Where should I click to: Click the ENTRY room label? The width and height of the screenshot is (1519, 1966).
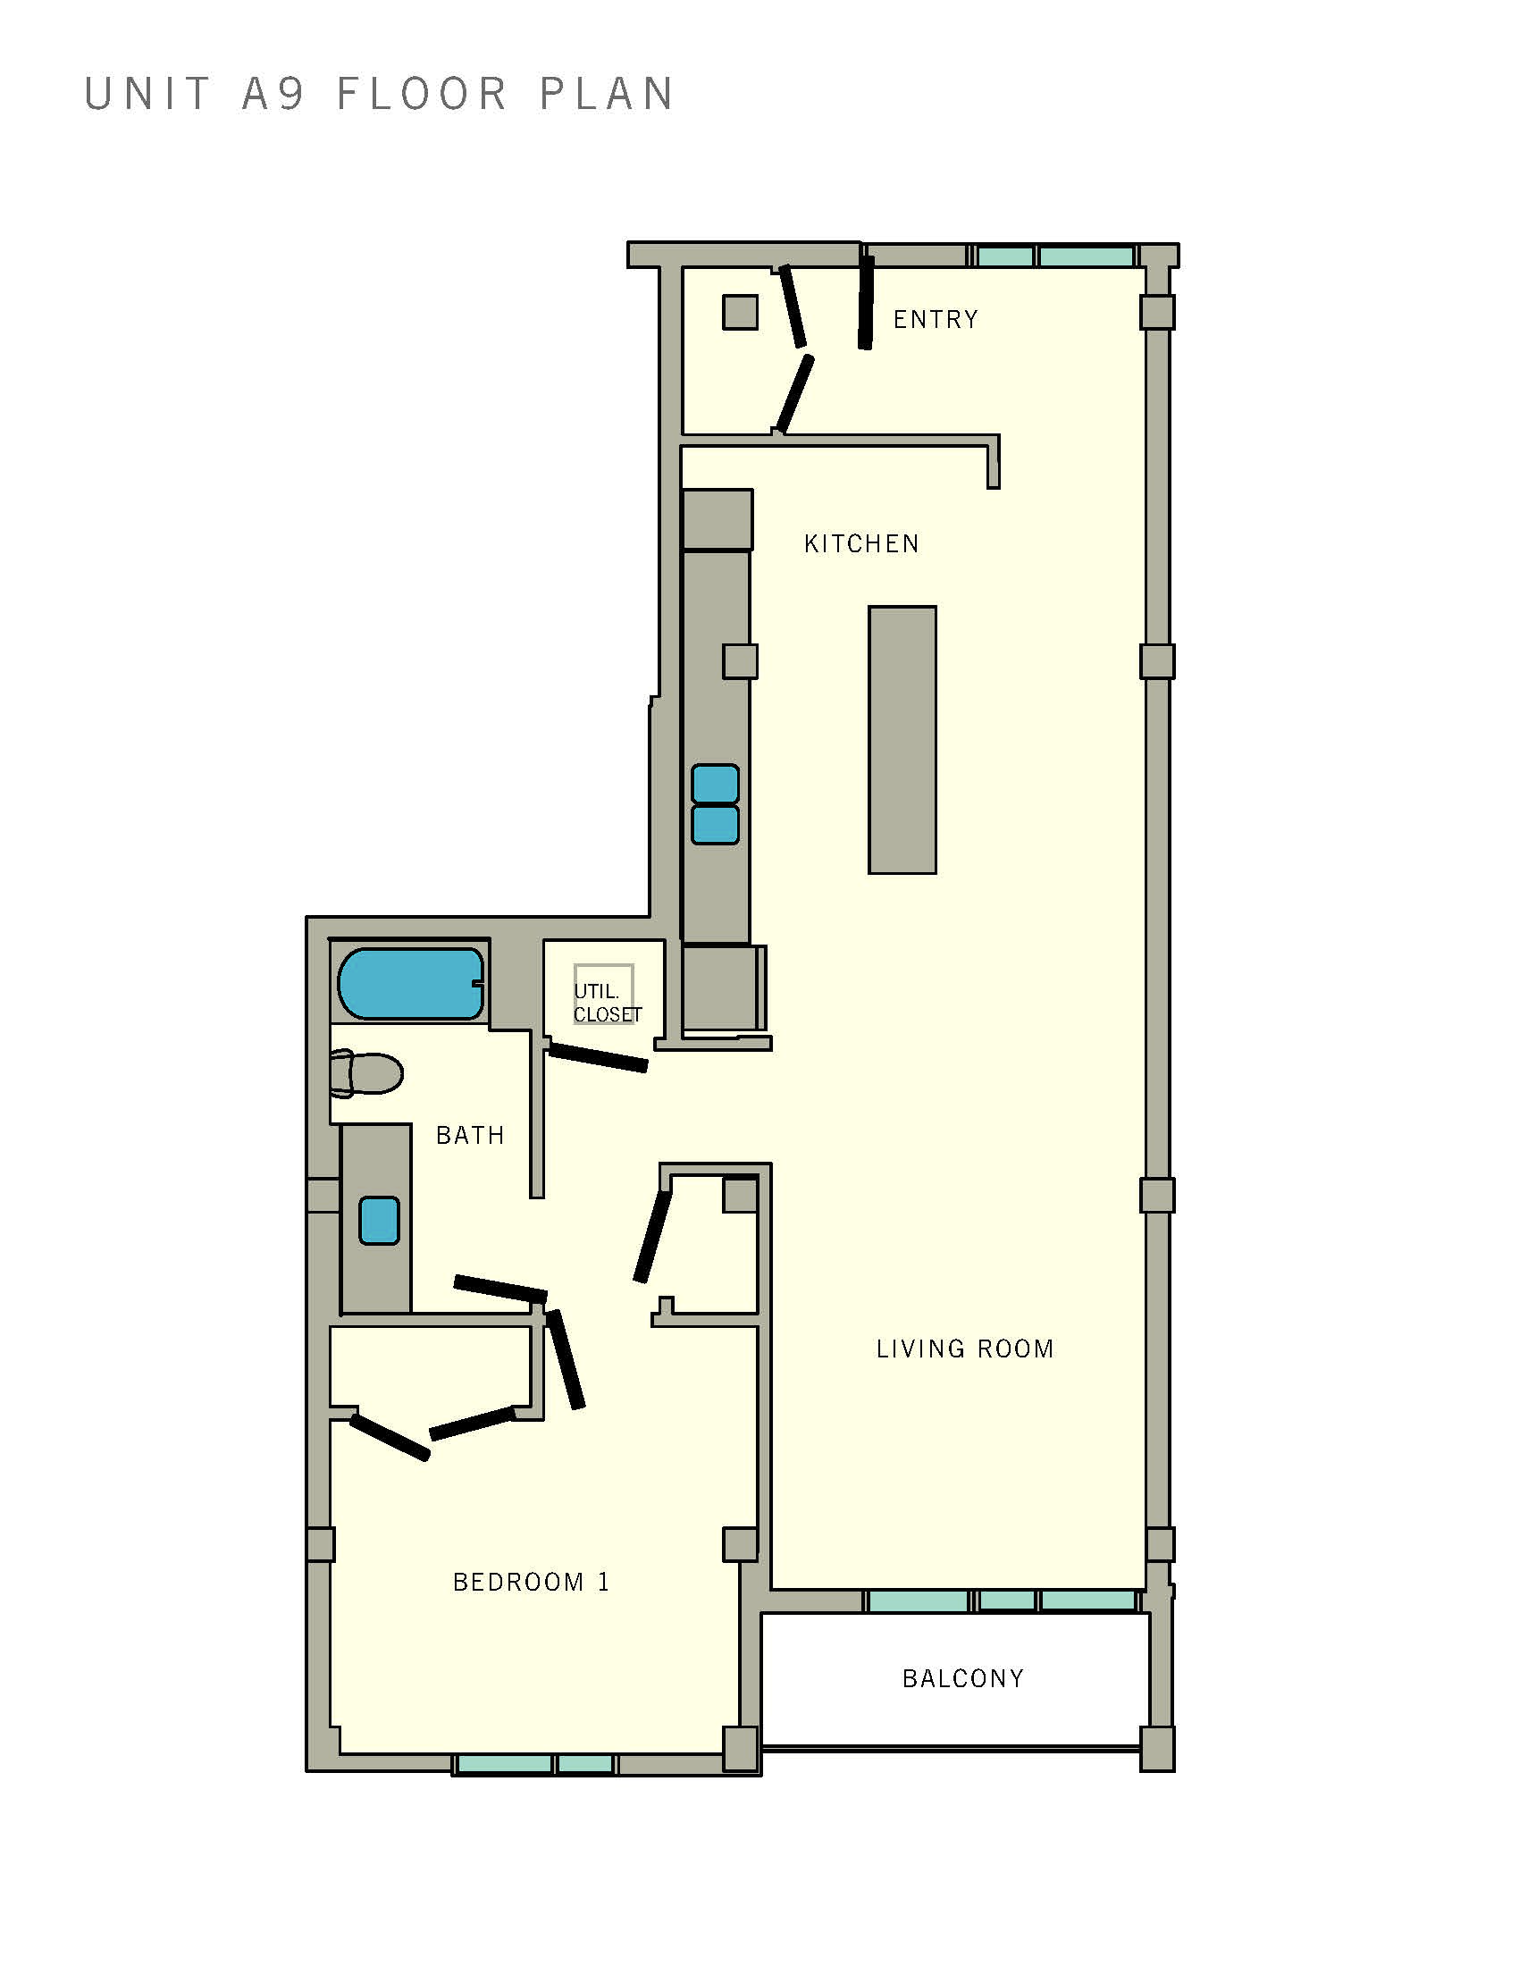pyautogui.click(x=935, y=320)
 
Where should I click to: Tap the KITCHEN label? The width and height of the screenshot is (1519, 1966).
pyautogui.click(x=861, y=543)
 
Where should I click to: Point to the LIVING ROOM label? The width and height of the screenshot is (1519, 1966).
pyautogui.click(x=965, y=1348)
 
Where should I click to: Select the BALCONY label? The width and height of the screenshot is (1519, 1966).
pyautogui.click(x=963, y=1679)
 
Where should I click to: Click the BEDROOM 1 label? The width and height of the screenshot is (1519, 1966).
pyautogui.click(x=531, y=1583)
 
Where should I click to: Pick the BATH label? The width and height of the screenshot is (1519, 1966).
pyautogui.click(x=470, y=1135)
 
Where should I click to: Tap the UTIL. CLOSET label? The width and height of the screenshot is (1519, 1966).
pyautogui.click(x=607, y=1003)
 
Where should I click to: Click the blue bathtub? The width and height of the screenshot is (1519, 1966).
pyautogui.click(x=410, y=983)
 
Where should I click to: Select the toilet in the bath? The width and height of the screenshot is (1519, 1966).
pyautogui.click(x=366, y=1074)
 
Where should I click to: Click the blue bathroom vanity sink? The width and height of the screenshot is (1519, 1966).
pyautogui.click(x=379, y=1221)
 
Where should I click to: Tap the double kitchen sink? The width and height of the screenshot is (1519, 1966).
pyautogui.click(x=716, y=804)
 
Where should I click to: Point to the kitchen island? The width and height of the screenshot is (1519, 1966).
pyautogui.click(x=902, y=739)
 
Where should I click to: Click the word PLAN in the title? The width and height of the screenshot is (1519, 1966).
pyautogui.click(x=607, y=95)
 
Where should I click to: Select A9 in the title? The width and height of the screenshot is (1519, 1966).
pyautogui.click(x=274, y=95)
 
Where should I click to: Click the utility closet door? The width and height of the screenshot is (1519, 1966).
pyautogui.click(x=599, y=1056)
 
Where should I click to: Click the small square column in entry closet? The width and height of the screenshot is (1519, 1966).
pyautogui.click(x=740, y=313)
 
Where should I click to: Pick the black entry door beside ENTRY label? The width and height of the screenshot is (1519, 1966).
pyautogui.click(x=866, y=302)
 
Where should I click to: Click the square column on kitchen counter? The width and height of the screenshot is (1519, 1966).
pyautogui.click(x=740, y=661)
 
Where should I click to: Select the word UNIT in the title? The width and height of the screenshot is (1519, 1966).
pyautogui.click(x=147, y=95)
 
